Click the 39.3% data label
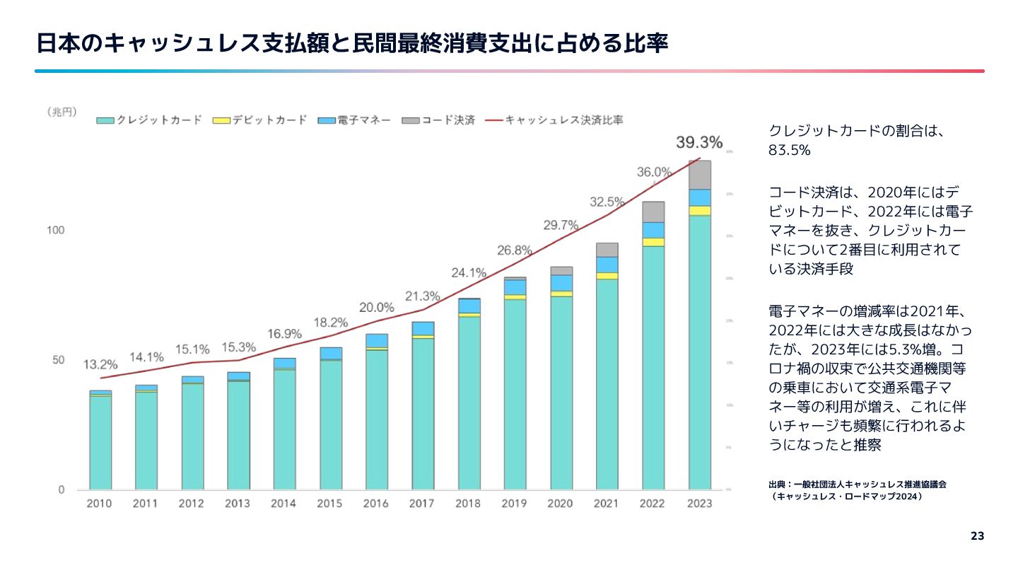click(699, 143)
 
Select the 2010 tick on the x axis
click(100, 504)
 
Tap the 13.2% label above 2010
click(100, 365)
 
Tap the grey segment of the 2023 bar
click(700, 175)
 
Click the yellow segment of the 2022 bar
click(653, 242)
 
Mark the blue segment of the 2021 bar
click(607, 265)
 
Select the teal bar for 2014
click(284, 429)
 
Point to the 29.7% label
click(561, 226)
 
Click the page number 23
click(977, 536)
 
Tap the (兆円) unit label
click(62, 112)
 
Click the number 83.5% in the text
click(789, 151)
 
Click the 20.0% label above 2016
click(377, 308)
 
